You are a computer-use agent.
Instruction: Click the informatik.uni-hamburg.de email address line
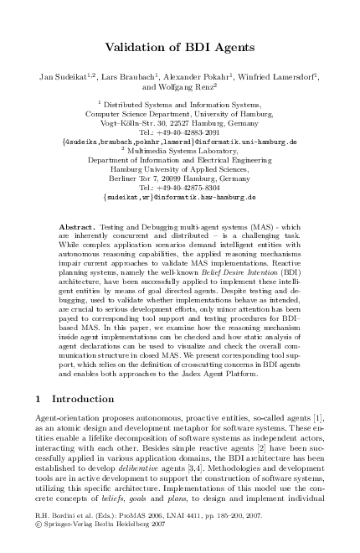click(180, 142)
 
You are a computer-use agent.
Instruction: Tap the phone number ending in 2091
click(180, 132)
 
